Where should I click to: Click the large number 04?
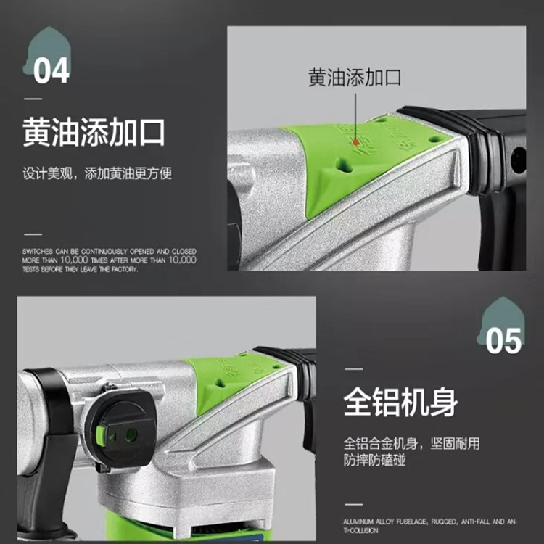[x=51, y=70]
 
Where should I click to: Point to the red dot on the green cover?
[x=355, y=143]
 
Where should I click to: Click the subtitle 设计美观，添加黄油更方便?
[x=97, y=174]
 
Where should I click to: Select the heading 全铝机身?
[x=400, y=403]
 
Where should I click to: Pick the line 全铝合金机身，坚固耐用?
[x=411, y=443]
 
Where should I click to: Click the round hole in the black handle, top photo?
[x=517, y=160]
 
